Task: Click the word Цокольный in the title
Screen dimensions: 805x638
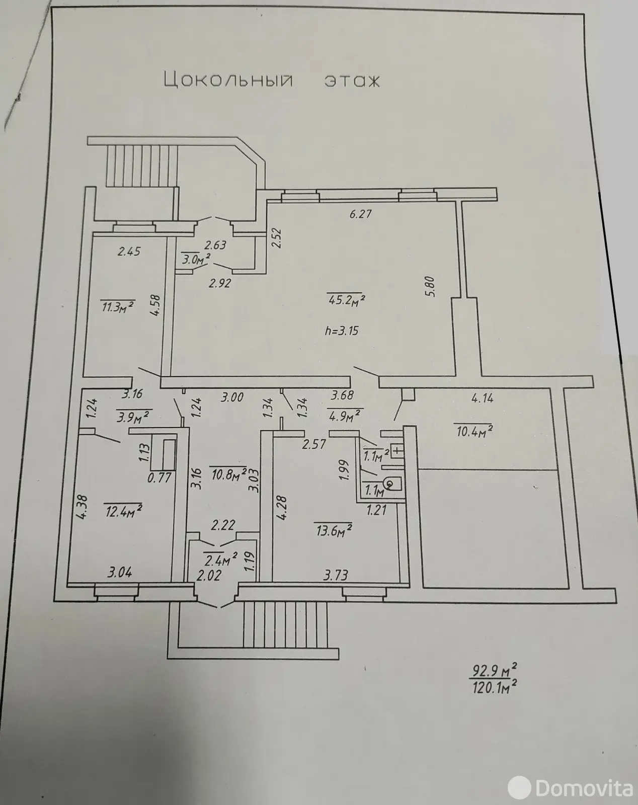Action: pos(228,80)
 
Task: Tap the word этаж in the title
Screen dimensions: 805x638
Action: pos(351,80)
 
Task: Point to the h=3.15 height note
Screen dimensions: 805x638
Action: pos(342,331)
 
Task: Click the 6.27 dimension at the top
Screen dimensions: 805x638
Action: pos(360,214)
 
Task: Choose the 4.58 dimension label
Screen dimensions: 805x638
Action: pos(155,305)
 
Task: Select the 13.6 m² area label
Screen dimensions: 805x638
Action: pos(332,530)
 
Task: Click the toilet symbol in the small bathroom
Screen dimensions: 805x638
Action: pos(390,484)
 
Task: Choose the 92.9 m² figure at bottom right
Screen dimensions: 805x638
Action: pos(494,671)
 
